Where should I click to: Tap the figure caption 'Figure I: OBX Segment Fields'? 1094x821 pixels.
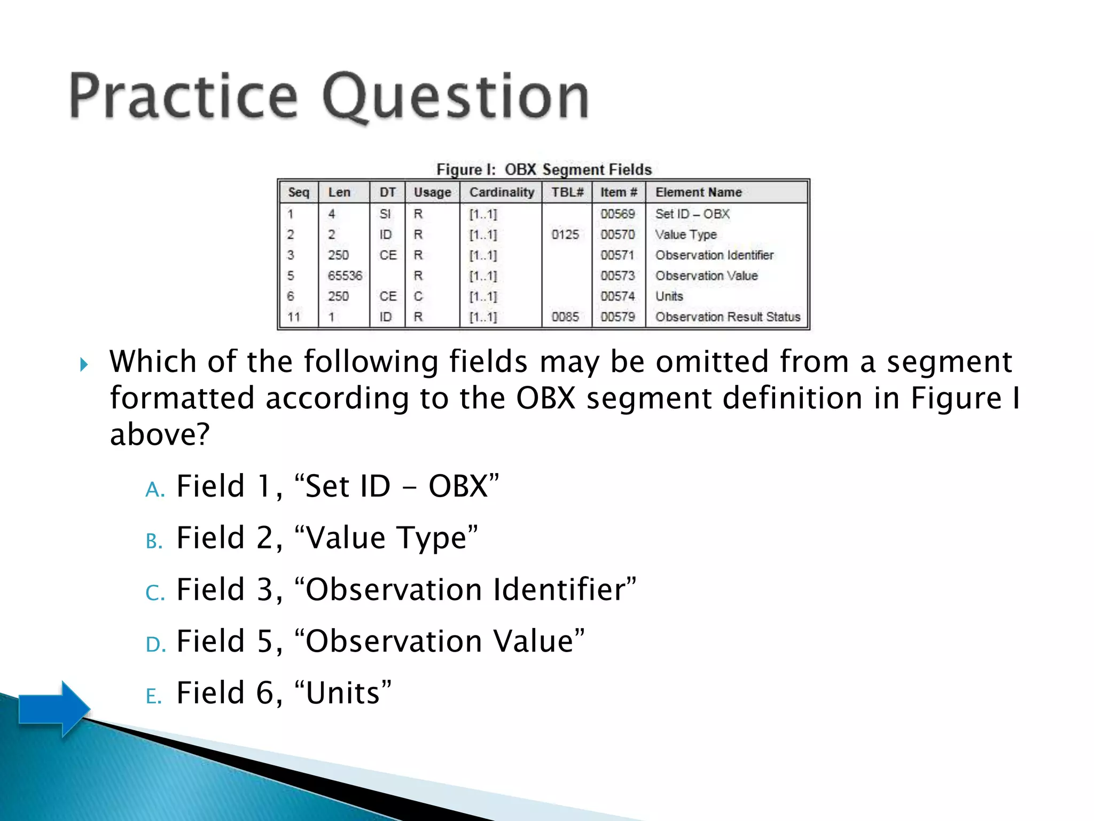pyautogui.click(x=544, y=169)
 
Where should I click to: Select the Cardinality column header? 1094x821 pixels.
pyautogui.click(x=501, y=192)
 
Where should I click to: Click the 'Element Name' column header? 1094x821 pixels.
pyautogui.click(x=698, y=192)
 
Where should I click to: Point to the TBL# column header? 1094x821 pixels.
pyautogui.click(x=567, y=192)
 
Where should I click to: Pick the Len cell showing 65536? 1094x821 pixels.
pyautogui.click(x=345, y=276)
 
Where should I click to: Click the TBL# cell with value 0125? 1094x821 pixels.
pyautogui.click(x=565, y=235)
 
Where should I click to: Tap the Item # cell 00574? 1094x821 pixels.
pyautogui.click(x=618, y=296)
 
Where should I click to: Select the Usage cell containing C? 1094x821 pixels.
pyautogui.click(x=418, y=296)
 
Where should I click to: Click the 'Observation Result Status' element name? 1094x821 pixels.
pyautogui.click(x=728, y=317)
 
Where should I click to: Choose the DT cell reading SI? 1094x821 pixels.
pyautogui.click(x=385, y=214)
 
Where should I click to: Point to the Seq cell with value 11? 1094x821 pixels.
pyautogui.click(x=294, y=317)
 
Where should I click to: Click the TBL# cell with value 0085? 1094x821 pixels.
pyautogui.click(x=565, y=317)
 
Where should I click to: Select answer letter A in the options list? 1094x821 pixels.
pyautogui.click(x=155, y=489)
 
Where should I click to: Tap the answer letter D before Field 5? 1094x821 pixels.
pyautogui.click(x=155, y=644)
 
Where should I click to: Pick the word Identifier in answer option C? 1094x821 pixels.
pyautogui.click(x=564, y=590)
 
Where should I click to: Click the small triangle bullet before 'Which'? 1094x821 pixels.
pyautogui.click(x=84, y=365)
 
